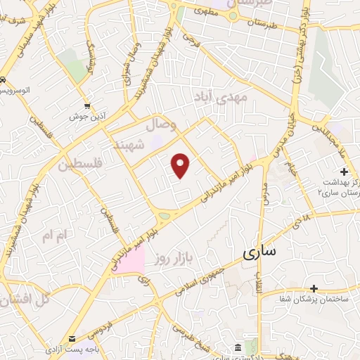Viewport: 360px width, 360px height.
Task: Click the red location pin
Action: point(181,165)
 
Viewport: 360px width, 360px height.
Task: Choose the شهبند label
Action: point(131,143)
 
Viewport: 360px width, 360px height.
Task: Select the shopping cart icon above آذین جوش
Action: point(87,105)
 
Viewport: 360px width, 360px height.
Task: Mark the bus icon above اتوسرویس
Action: point(4,80)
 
